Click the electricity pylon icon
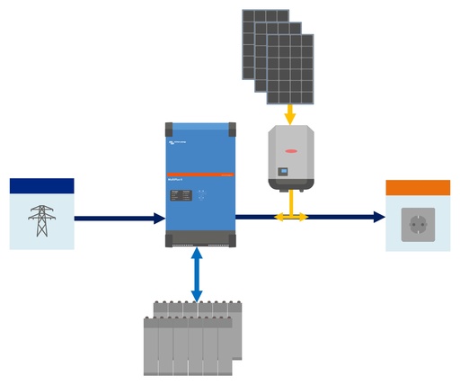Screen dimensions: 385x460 point(41,220)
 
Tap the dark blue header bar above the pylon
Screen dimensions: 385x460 point(41,185)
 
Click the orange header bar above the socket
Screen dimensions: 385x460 point(418,188)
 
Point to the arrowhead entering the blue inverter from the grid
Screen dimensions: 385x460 point(159,218)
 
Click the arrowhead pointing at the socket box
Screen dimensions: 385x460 point(379,217)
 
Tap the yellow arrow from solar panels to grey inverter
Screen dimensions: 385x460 point(289,114)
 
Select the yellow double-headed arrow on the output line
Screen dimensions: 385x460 point(290,217)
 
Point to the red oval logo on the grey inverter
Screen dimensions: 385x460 point(290,139)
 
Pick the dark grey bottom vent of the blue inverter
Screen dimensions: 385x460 point(199,239)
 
